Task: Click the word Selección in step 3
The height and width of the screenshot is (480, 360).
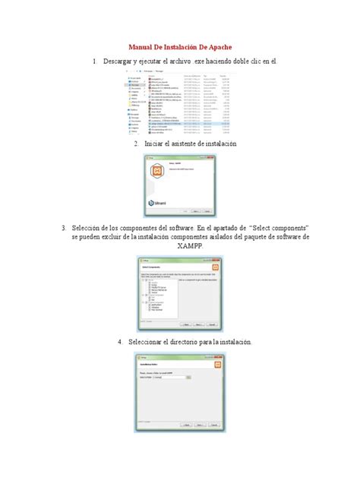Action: pyautogui.click(x=92, y=228)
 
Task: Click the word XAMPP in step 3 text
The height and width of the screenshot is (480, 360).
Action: pyautogui.click(x=180, y=248)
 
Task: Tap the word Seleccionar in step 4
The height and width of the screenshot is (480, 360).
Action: pyautogui.click(x=156, y=343)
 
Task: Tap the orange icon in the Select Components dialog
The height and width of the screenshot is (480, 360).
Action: pyautogui.click(x=216, y=267)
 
